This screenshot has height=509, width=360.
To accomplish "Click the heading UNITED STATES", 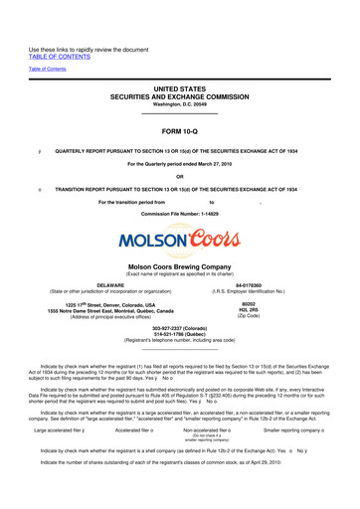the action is pyautogui.click(x=179, y=89).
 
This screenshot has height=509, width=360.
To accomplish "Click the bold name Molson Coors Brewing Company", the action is pyautogui.click(x=179, y=266).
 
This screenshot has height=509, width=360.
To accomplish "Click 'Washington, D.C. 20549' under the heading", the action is pyautogui.click(x=179, y=104).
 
